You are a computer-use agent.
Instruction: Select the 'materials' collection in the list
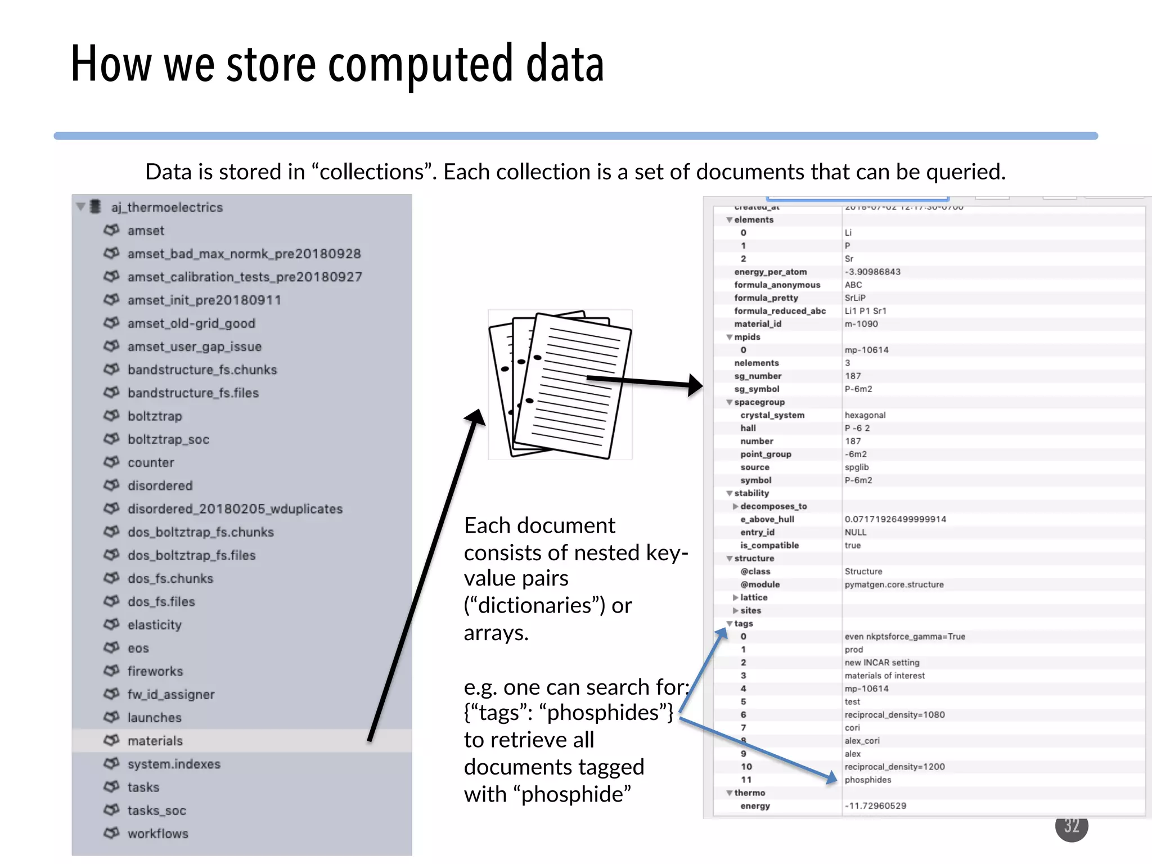click(155, 741)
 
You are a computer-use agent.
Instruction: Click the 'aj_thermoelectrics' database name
click(167, 208)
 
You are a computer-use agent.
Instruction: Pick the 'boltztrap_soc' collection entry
click(168, 439)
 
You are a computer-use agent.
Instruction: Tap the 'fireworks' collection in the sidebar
click(155, 671)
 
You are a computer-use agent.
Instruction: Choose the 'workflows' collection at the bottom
click(157, 834)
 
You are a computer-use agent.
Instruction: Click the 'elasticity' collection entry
click(155, 625)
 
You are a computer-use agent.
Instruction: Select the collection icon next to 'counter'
click(111, 462)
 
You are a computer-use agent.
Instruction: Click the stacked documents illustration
click(560, 385)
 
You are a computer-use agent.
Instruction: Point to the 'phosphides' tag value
click(868, 780)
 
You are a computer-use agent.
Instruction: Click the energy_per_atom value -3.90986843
click(872, 272)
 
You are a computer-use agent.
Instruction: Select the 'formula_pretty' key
click(766, 298)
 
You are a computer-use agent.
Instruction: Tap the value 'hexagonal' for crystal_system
click(865, 415)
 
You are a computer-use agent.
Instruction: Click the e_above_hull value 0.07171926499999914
click(895, 519)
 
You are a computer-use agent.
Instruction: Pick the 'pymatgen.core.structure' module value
click(894, 584)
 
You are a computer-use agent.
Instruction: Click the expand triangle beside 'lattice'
click(735, 597)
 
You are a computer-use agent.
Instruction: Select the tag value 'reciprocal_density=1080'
click(894, 715)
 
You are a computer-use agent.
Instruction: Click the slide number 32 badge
click(1072, 826)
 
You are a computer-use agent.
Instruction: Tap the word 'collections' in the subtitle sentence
click(371, 172)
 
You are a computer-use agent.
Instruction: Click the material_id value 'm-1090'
click(861, 324)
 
